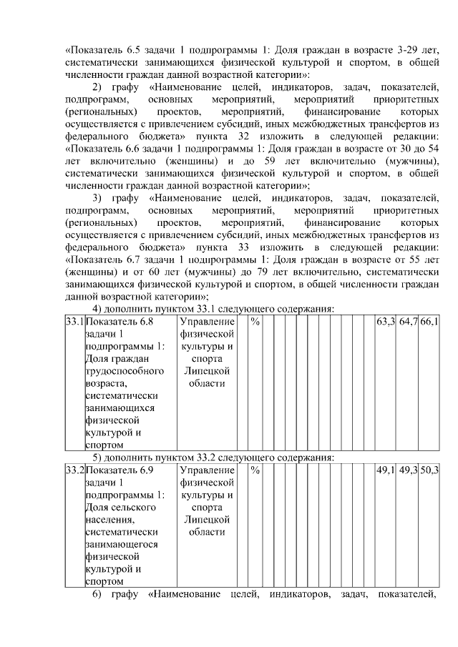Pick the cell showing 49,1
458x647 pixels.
[386, 470]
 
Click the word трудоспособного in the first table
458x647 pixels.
[125, 371]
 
